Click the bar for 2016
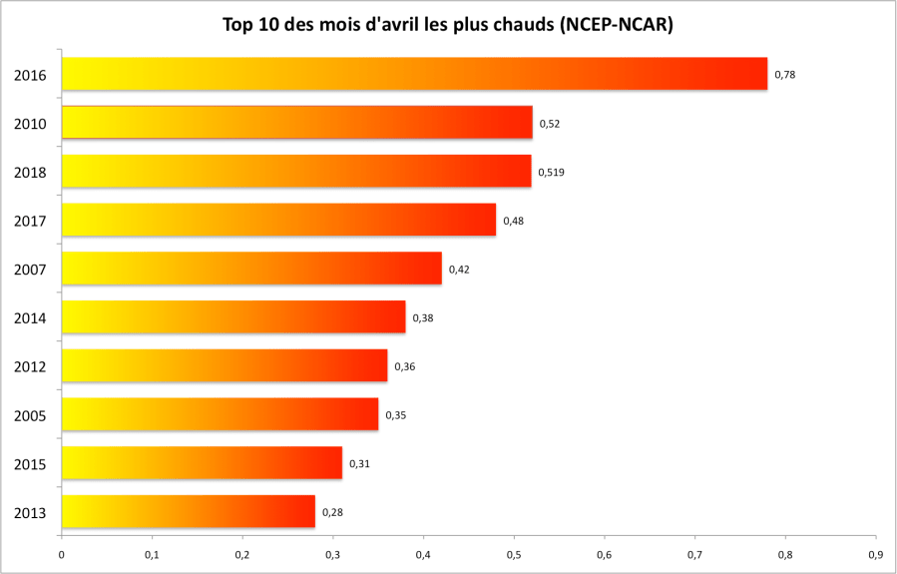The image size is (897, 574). point(414,74)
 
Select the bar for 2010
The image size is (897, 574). point(296,122)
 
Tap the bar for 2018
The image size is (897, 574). point(296,171)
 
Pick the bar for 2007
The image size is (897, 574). point(251,269)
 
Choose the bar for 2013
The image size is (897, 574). point(188,512)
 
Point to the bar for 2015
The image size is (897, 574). point(202,463)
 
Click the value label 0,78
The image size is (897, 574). point(784,75)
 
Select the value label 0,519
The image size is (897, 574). point(551,173)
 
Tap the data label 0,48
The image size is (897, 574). point(513,221)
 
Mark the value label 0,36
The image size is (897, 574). point(404,366)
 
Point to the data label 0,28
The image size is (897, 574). point(332,513)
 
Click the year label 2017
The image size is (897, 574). point(31,221)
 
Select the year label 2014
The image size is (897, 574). point(31,317)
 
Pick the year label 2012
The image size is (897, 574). point(31,366)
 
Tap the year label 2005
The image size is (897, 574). point(31,415)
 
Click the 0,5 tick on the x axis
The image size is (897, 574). point(513,555)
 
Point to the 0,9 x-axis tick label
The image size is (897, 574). point(874,555)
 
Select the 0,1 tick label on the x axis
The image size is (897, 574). point(152,555)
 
